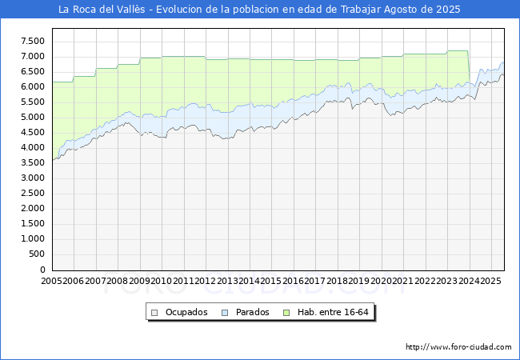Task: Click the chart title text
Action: point(259,10)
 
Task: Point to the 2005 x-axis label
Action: point(52,281)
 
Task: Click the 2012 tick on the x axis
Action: point(206,281)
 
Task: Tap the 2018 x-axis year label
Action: point(337,281)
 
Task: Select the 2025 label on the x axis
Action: point(490,281)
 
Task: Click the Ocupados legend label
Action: point(186,312)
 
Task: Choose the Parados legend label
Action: point(253,312)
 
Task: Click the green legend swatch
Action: point(290,312)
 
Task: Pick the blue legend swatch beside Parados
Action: point(226,312)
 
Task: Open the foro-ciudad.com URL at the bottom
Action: point(458,347)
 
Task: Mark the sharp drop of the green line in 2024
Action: point(469,67)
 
